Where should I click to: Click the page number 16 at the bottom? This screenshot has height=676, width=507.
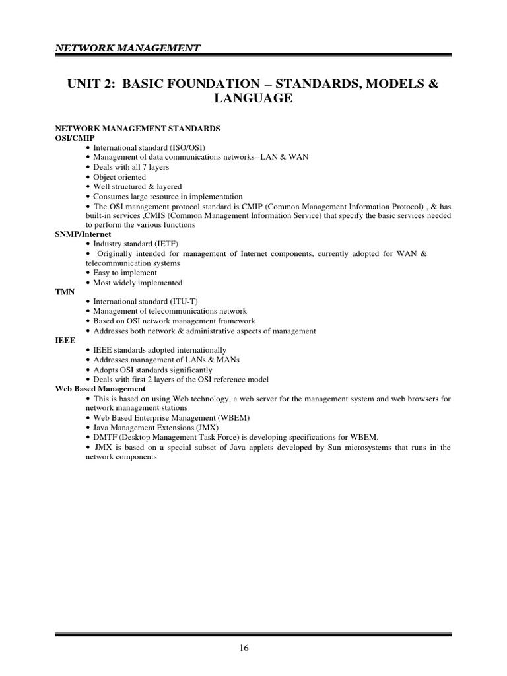[x=244, y=648]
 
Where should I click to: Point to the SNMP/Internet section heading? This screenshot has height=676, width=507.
[x=83, y=234]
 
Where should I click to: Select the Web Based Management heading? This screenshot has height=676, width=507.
[x=100, y=389]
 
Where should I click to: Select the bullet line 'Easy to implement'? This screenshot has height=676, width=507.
[x=125, y=273]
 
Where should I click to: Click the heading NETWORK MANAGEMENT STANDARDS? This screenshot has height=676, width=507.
[x=137, y=128]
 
